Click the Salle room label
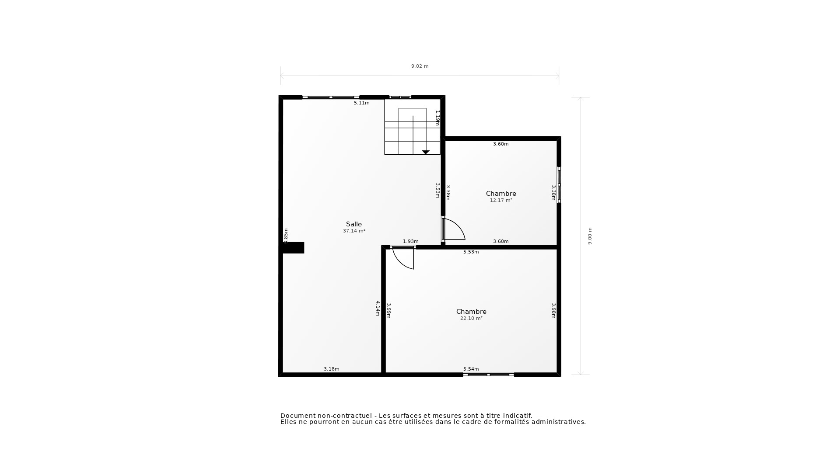[x=353, y=224]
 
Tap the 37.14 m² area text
[x=354, y=231]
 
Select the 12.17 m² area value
[x=501, y=201]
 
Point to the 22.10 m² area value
[x=471, y=319]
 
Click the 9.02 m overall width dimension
[x=420, y=66]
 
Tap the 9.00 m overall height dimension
[x=590, y=236]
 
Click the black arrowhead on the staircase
[x=426, y=152]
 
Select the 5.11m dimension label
[x=361, y=103]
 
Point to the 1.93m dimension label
[x=410, y=242]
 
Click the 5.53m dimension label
[x=471, y=252]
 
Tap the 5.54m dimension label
[x=471, y=369]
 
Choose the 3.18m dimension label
[x=331, y=369]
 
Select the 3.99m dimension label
[x=388, y=310]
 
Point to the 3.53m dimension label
[x=437, y=191]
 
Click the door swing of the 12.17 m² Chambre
[x=455, y=229]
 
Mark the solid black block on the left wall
[x=293, y=248]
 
